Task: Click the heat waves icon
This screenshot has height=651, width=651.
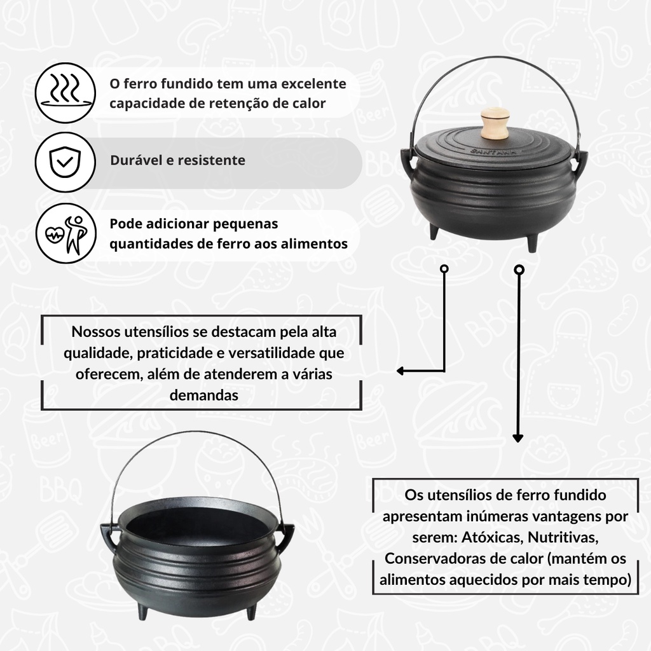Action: pos(65,93)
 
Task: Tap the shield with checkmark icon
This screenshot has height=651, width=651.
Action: pos(65,162)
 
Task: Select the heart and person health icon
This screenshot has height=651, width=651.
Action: pos(65,233)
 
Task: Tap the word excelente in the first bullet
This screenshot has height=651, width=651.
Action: pos(314,84)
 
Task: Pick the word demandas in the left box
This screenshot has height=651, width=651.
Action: pos(204,395)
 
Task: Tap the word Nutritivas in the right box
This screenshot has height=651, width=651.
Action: pos(563,537)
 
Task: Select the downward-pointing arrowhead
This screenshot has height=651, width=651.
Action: pos(517,438)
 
